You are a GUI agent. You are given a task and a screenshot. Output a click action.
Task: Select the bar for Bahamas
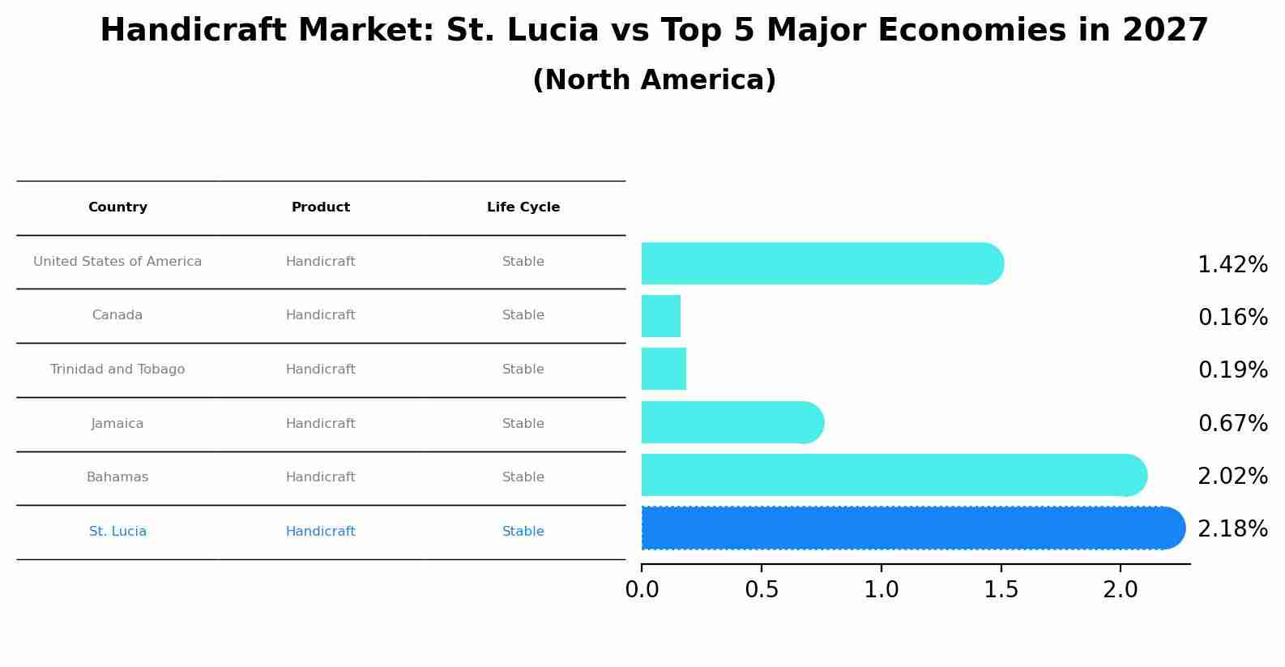coord(891,475)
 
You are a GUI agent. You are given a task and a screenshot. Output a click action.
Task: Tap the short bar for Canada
coord(661,316)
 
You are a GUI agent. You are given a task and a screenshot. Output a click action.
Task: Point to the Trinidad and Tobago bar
coord(664,369)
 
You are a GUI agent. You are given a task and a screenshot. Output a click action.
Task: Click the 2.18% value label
coord(1232,529)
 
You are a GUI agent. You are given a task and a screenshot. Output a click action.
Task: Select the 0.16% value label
coord(1232,318)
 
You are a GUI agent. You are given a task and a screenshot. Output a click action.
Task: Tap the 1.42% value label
coord(1232,265)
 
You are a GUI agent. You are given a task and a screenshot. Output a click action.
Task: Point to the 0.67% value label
coord(1232,423)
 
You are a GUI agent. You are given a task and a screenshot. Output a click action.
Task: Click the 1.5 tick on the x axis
coord(1001,590)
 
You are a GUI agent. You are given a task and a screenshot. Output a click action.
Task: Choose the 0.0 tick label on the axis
coord(642,590)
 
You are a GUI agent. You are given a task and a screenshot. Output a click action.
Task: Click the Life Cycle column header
coord(523,207)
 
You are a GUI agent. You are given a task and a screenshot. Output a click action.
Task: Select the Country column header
coord(117,207)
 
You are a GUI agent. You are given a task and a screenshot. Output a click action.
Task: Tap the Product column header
coord(321,207)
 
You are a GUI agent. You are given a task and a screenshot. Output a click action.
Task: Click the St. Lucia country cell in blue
coord(117,532)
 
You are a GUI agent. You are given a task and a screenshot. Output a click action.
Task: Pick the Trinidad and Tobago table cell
coord(117,370)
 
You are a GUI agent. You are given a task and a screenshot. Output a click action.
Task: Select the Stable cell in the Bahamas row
coord(523,477)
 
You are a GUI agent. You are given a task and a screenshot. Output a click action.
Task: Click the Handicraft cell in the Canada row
coord(321,315)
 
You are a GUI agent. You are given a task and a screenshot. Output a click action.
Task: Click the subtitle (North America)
coord(654,80)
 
